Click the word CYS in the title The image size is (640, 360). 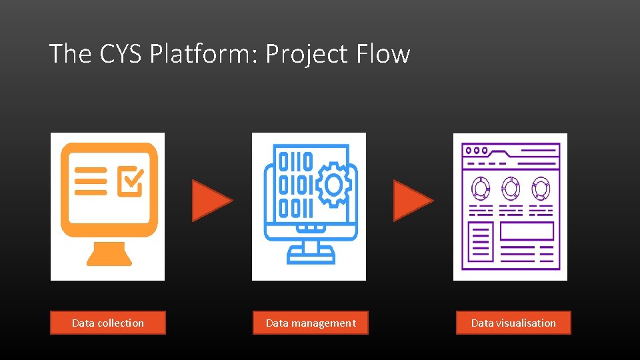coord(122,53)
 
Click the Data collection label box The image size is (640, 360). coord(108,323)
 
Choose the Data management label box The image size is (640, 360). coord(311,323)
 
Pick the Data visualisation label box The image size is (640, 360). coord(513,323)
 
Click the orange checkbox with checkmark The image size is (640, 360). coord(131,180)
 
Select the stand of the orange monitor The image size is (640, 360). coord(109,253)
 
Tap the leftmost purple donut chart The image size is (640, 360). coord(481,189)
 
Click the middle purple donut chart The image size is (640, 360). coord(511,189)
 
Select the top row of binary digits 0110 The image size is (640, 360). coord(295,161)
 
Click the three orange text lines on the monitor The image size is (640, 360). coord(91,180)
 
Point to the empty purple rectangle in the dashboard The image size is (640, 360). coord(527,231)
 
